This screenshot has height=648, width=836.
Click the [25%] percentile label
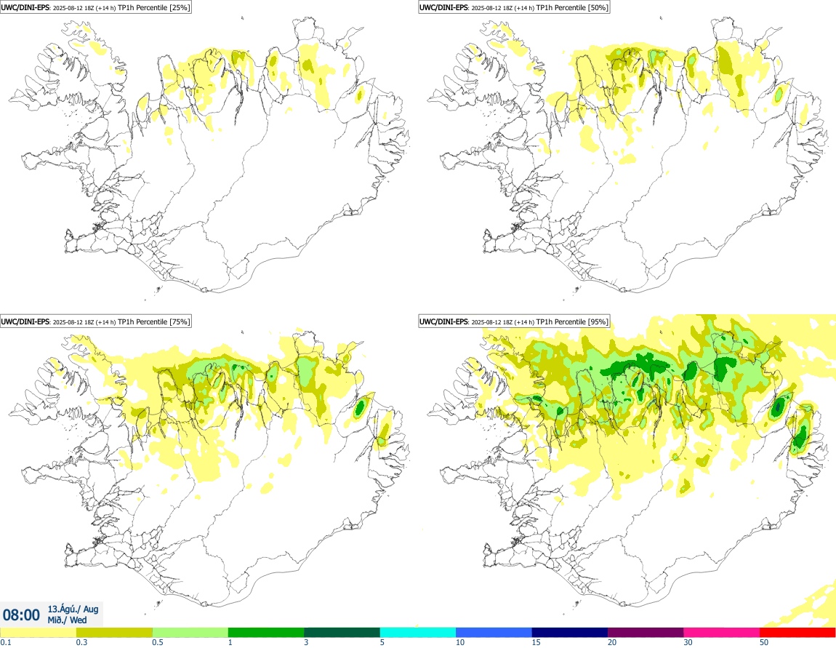(x=179, y=8)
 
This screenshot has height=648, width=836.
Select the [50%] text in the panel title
(x=598, y=8)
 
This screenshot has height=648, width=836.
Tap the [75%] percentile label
(x=179, y=321)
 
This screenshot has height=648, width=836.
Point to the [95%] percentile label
(x=598, y=321)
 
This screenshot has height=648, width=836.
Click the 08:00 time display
(x=21, y=615)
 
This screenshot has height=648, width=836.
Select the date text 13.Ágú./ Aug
(x=73, y=609)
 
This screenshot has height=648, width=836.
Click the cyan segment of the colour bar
(x=418, y=631)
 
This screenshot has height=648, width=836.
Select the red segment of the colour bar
(x=797, y=631)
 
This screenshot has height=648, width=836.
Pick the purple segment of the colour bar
(x=646, y=631)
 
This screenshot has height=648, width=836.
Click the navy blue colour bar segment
(x=570, y=631)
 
